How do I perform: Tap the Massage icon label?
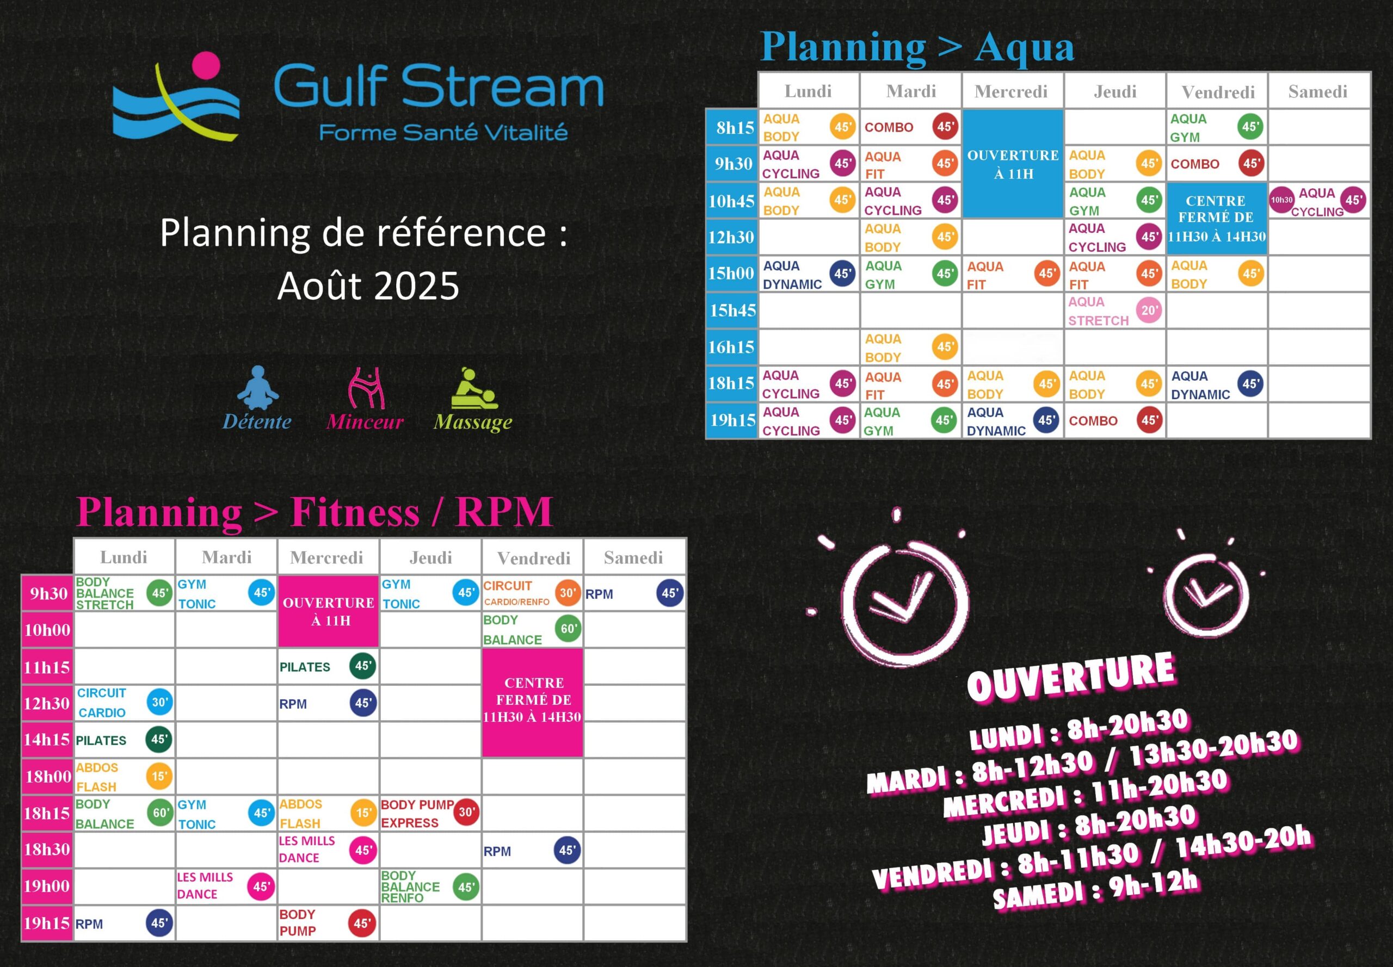pyautogui.click(x=473, y=421)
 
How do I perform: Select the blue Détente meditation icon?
pyautogui.click(x=257, y=388)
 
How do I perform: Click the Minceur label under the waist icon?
pyautogui.click(x=365, y=421)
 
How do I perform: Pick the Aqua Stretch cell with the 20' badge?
pyautogui.click(x=1115, y=311)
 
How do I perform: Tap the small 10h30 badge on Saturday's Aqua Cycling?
pyautogui.click(x=1281, y=200)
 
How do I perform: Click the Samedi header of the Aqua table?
pyautogui.click(x=1318, y=91)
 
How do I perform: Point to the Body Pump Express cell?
pyautogui.click(x=430, y=813)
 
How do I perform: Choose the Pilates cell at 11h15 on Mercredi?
pyautogui.click(x=328, y=666)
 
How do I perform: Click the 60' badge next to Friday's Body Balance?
pyautogui.click(x=568, y=629)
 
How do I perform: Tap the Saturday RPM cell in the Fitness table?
pyautogui.click(x=634, y=593)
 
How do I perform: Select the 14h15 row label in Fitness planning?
pyautogui.click(x=47, y=740)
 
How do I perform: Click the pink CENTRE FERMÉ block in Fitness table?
pyautogui.click(x=533, y=703)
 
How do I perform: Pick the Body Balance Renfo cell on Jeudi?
pyautogui.click(x=430, y=887)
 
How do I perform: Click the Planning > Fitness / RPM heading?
pyautogui.click(x=315, y=512)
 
